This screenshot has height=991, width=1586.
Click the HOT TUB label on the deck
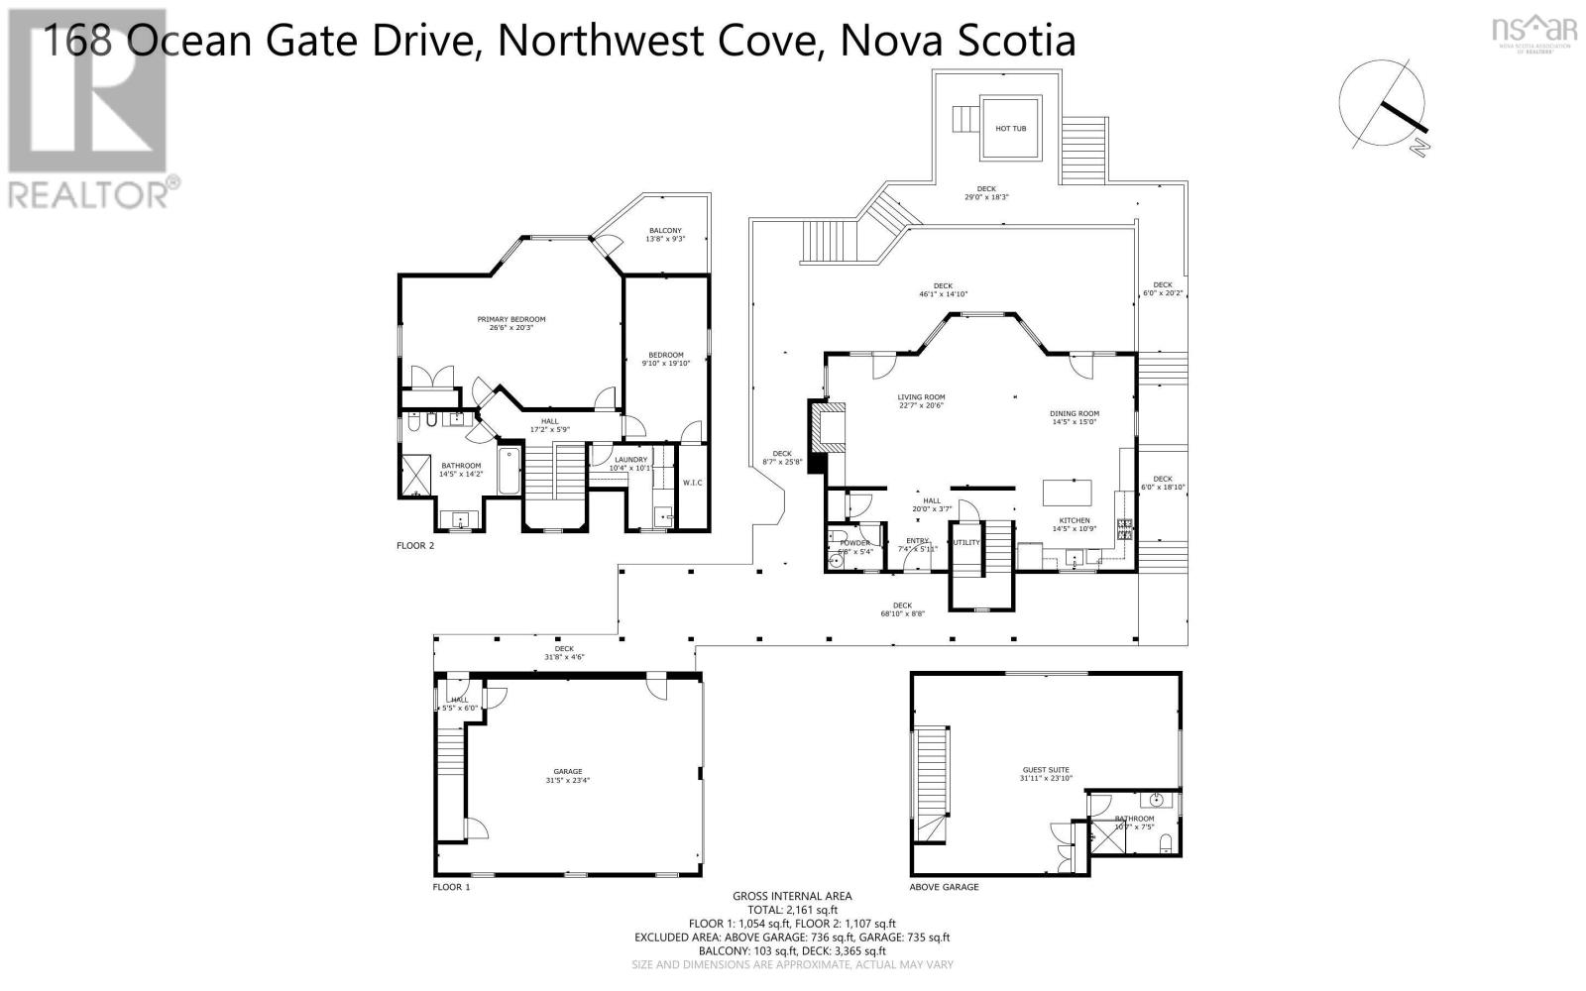click(1011, 129)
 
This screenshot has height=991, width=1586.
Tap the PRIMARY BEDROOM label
click(511, 319)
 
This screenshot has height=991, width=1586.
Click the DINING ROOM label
click(1075, 413)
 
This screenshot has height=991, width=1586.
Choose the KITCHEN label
click(1075, 520)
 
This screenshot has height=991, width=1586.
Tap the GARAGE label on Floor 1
click(568, 771)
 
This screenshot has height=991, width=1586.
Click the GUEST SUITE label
click(1046, 770)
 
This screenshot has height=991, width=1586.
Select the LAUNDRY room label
click(630, 459)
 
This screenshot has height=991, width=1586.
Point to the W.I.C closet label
click(692, 483)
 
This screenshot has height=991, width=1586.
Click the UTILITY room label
click(965, 542)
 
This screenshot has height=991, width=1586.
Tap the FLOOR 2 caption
click(415, 545)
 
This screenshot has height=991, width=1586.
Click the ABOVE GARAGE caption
click(944, 887)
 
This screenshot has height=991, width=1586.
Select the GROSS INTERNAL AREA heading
click(792, 896)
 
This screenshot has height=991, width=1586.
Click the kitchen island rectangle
click(1068, 493)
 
